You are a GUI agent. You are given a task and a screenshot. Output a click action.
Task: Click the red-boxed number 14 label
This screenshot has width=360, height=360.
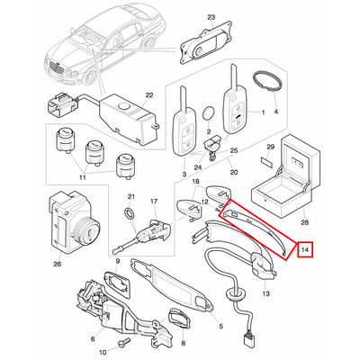(305, 249)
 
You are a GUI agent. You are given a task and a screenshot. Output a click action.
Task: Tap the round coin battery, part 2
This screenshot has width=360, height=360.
(209, 114)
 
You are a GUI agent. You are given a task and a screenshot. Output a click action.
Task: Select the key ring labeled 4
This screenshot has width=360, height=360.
(268, 80)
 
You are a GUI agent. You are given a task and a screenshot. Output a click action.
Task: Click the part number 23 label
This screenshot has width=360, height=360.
(211, 17)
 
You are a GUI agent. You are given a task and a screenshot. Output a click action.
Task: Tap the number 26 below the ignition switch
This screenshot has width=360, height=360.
(57, 264)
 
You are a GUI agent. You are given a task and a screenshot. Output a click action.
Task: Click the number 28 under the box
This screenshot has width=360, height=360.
(303, 222)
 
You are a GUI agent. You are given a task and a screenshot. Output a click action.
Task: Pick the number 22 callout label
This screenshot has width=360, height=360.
(149, 95)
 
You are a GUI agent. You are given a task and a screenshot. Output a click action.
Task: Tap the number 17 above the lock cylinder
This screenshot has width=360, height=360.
(154, 202)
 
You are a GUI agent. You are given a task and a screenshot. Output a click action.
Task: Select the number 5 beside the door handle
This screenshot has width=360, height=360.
(221, 326)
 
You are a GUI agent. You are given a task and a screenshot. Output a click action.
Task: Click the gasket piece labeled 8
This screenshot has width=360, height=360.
(180, 319)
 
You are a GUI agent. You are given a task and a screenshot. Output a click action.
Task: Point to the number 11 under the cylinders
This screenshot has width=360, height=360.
(83, 177)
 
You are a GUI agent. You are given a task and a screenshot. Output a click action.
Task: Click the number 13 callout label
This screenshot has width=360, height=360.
(265, 293)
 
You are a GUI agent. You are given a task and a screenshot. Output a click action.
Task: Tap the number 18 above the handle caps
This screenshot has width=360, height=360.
(195, 182)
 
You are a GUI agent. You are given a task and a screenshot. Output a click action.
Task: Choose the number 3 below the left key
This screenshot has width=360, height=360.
(184, 174)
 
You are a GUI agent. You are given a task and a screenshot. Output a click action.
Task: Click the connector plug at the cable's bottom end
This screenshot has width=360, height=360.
(247, 341)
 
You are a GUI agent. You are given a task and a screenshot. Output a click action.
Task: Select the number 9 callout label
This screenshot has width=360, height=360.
(118, 261)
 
